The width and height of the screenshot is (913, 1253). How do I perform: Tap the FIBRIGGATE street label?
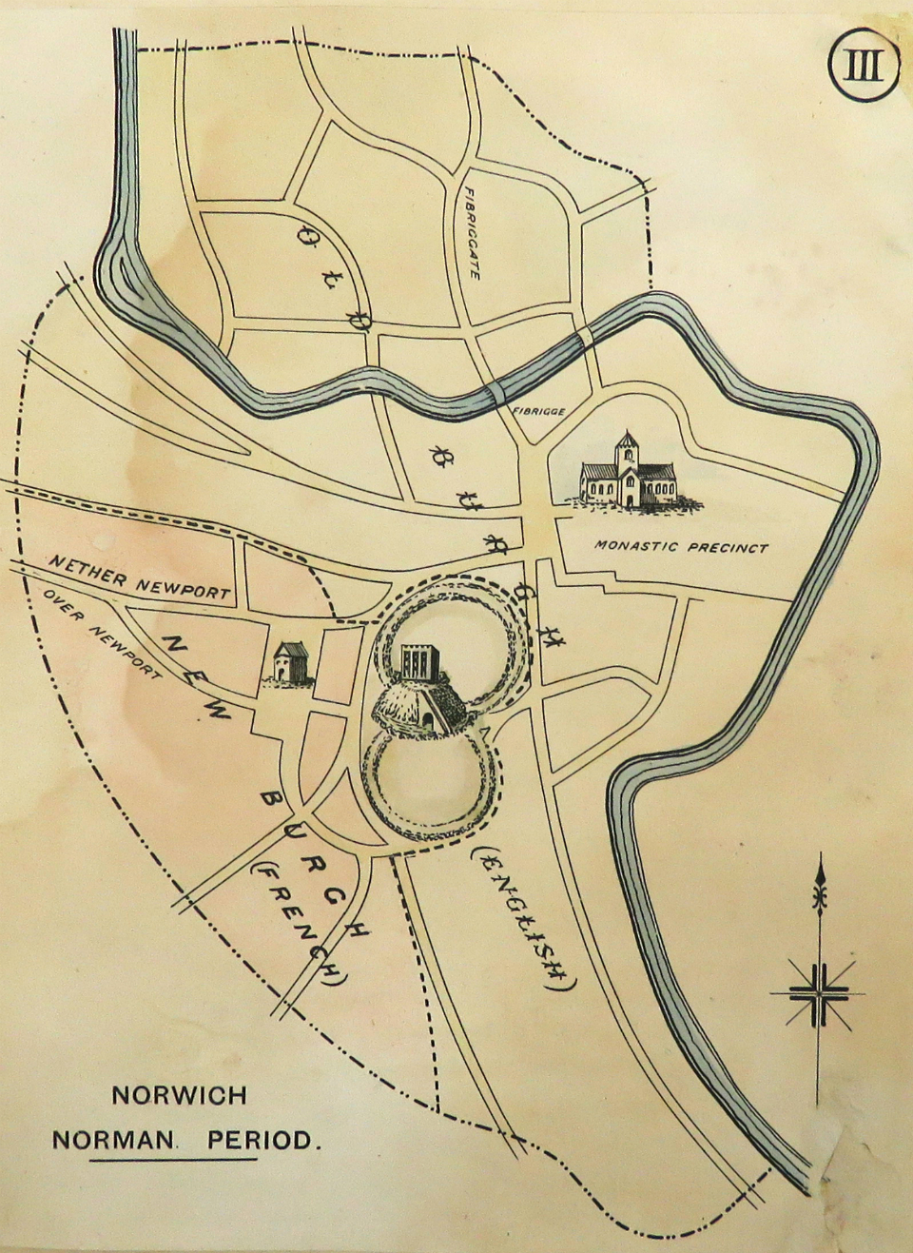472,232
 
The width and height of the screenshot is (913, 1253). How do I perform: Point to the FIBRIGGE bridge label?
539,411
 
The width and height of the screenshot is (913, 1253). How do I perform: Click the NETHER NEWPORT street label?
140,577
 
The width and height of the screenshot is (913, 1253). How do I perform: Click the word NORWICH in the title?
180,1094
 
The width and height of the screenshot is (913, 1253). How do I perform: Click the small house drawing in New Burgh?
291,661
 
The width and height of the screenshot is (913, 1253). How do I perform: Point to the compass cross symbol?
819,994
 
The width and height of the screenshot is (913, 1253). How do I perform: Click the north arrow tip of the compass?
819,862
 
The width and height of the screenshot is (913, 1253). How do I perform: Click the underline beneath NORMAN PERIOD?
175,1160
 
